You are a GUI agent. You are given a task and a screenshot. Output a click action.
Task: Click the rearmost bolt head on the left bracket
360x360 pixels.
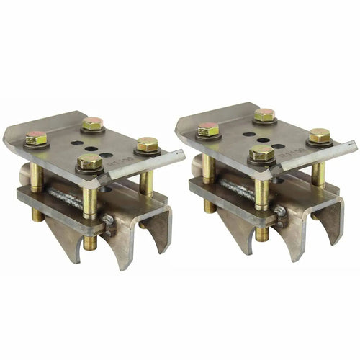pyautogui.click(x=91, y=123)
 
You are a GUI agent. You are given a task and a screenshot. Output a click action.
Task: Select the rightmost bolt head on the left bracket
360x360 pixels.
pyautogui.click(x=148, y=143)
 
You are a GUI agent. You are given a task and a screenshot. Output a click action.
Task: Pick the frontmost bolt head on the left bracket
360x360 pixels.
pyautogui.click(x=90, y=161)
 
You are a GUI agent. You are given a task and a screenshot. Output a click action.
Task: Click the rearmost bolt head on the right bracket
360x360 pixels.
pyautogui.click(x=264, y=114)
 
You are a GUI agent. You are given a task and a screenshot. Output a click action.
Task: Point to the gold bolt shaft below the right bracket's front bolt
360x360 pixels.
pyautogui.click(x=262, y=184)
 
